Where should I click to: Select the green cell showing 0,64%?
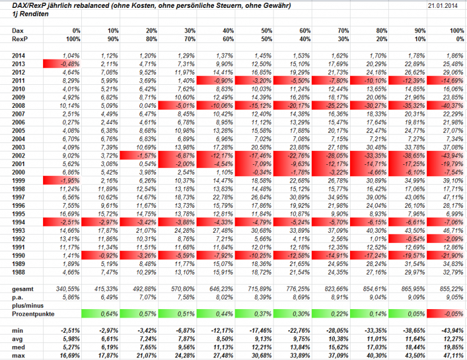coord(99,314)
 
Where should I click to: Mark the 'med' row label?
coord(19,347)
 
